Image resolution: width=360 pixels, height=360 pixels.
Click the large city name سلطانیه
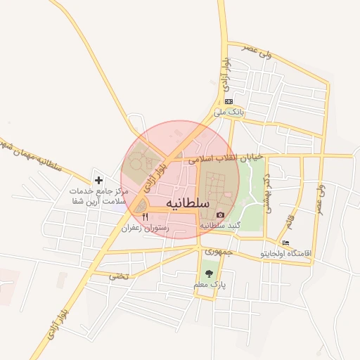[188, 202]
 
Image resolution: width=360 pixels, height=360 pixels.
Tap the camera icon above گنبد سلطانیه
[221, 214]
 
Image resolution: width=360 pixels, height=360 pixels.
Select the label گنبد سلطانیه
[221, 226]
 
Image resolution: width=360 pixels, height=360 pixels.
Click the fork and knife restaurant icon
[145, 217]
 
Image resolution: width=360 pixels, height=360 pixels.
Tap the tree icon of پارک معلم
[209, 274]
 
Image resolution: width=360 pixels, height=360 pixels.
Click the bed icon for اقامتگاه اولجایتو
[285, 243]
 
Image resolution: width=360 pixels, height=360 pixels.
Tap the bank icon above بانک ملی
[229, 101]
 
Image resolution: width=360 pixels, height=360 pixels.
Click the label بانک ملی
[229, 112]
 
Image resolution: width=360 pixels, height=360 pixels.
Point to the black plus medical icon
[98, 180]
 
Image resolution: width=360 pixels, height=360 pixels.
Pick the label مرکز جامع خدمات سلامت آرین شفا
[99, 196]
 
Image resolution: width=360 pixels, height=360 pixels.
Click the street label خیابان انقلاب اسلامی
[224, 158]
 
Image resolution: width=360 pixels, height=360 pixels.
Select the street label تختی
[119, 276]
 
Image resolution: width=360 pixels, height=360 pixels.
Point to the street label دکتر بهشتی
[267, 193]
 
